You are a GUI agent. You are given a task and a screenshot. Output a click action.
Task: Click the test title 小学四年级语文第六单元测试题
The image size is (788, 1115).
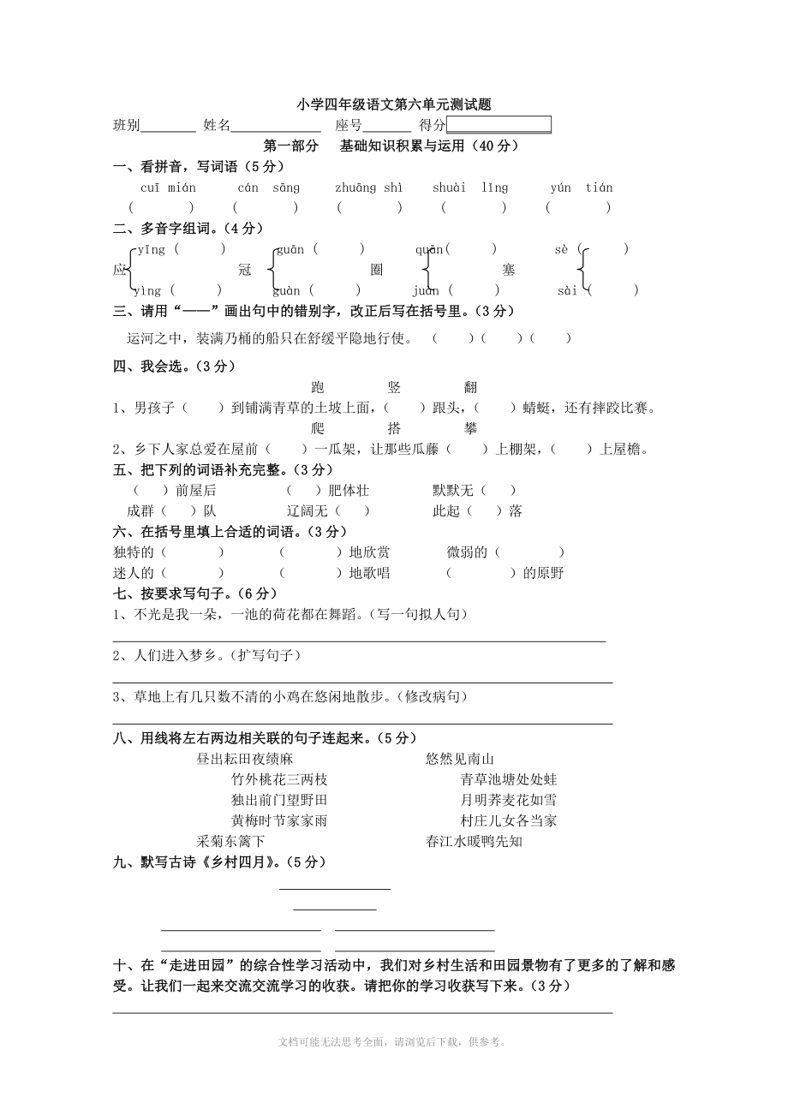[394, 105]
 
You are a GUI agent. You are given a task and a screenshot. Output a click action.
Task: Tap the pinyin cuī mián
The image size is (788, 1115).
[168, 188]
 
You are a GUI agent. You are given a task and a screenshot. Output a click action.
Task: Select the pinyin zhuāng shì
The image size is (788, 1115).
[368, 188]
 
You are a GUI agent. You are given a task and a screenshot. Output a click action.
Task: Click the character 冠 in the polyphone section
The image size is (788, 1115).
[245, 270]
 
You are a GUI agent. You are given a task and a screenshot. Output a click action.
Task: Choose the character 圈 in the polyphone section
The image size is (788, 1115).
[377, 270]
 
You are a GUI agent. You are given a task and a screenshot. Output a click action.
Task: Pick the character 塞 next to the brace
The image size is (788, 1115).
[509, 270]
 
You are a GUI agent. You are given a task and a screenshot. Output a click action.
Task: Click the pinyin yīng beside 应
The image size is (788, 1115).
[152, 249]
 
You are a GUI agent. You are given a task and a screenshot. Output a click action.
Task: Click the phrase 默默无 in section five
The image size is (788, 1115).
[453, 491]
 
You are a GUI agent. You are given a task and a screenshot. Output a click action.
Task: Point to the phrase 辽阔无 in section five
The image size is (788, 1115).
[307, 511]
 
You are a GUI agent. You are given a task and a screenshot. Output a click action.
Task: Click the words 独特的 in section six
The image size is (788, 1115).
[134, 552]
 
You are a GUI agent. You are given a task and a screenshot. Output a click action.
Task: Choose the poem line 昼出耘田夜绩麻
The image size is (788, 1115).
[245, 759]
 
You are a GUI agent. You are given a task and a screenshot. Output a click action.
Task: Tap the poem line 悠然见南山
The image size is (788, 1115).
[460, 759]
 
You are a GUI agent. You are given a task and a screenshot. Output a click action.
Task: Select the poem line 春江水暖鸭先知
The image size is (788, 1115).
[474, 841]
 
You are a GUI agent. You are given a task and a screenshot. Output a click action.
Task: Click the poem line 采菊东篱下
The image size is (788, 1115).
[231, 841]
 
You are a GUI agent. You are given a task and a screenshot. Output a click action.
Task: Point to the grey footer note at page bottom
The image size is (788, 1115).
[394, 1042]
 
